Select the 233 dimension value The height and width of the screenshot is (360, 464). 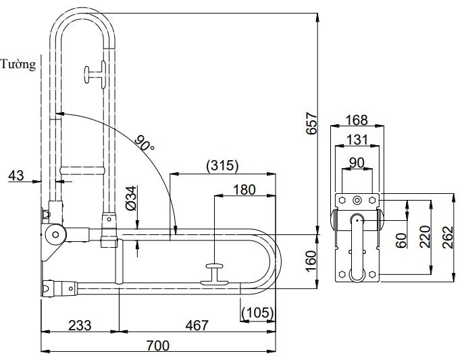[80, 326]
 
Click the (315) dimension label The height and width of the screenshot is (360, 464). [222, 165]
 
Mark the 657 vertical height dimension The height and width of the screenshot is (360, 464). [311, 123]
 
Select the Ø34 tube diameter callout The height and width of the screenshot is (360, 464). [131, 197]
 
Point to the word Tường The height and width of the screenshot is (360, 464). [18, 65]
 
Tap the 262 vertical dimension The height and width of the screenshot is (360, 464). [447, 236]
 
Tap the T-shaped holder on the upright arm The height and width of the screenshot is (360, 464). [95, 74]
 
